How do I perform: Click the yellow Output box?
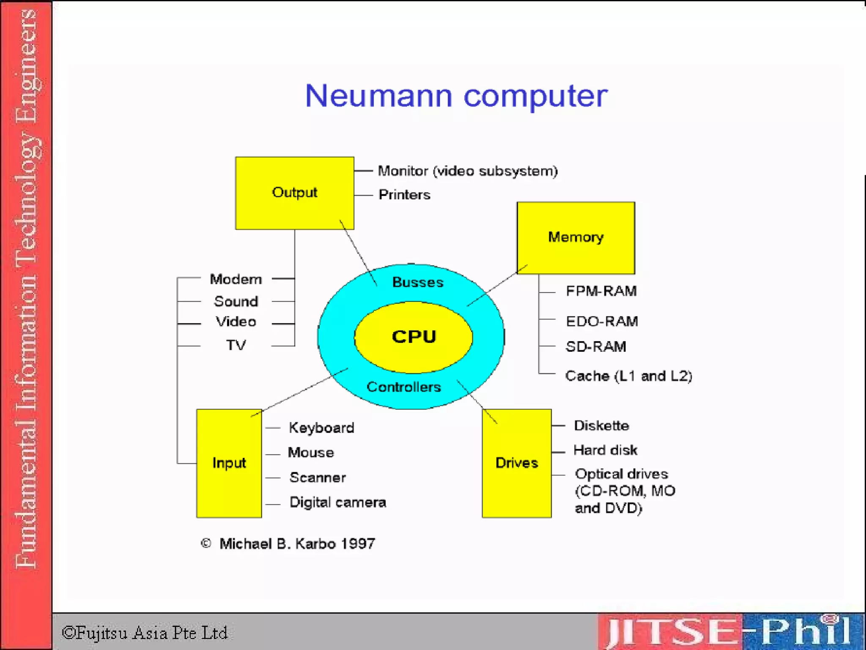(294, 193)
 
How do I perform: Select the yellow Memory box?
(576, 238)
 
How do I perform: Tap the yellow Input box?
(229, 463)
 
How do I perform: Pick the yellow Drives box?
(516, 463)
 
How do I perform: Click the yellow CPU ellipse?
(414, 337)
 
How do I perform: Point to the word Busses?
(418, 282)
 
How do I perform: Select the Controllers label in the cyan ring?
(403, 387)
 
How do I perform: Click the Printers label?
(404, 195)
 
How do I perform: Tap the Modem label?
(236, 279)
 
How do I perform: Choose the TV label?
(236, 345)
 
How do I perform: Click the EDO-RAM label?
(602, 322)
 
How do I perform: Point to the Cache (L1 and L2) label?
(628, 376)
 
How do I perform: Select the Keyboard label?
(321, 428)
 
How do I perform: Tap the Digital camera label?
(337, 502)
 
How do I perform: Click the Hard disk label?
(605, 450)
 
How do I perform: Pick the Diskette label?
(601, 426)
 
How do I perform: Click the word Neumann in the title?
(378, 96)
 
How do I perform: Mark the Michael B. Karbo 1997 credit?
(297, 544)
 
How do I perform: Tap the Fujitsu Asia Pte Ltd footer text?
(145, 633)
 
